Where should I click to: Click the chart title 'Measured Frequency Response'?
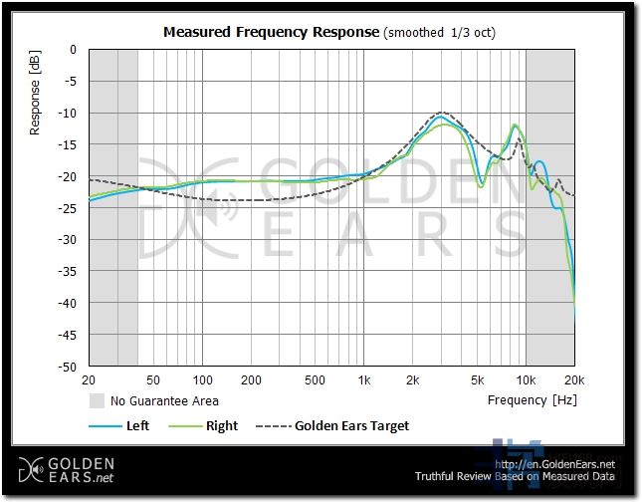click(x=272, y=32)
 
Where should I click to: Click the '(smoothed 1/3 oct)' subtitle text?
click(x=439, y=32)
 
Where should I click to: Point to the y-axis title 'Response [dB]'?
click(x=36, y=96)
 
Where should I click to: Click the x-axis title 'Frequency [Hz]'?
click(x=532, y=400)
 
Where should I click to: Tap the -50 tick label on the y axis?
click(x=68, y=367)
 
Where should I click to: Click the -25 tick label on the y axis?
click(x=68, y=208)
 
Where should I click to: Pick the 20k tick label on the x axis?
click(x=573, y=380)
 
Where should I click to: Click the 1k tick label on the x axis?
click(x=364, y=380)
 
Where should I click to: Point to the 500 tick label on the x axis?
click(x=315, y=380)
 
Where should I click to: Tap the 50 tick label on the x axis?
click(x=153, y=380)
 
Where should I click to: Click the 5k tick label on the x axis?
click(x=477, y=380)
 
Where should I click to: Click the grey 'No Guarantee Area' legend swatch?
click(x=98, y=401)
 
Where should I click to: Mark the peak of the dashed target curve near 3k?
click(x=441, y=113)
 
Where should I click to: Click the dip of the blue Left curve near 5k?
click(x=481, y=185)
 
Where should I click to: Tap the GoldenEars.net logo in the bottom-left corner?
click(x=67, y=470)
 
